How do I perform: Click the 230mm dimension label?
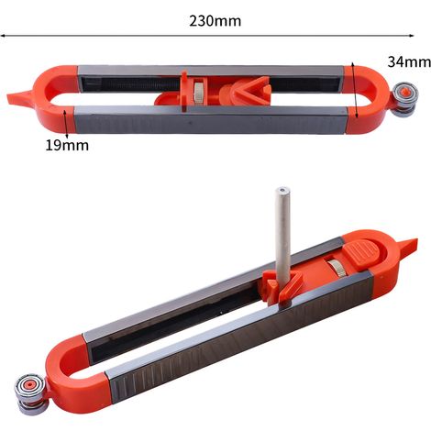pyautogui.click(x=215, y=21)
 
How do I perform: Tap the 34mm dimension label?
pyautogui.click(x=409, y=62)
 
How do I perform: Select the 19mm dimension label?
pyautogui.click(x=67, y=145)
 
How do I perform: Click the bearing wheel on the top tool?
pyautogui.click(x=404, y=99)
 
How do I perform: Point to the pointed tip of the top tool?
pyautogui.click(x=8, y=98)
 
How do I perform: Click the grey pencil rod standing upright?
pyautogui.click(x=282, y=236)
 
